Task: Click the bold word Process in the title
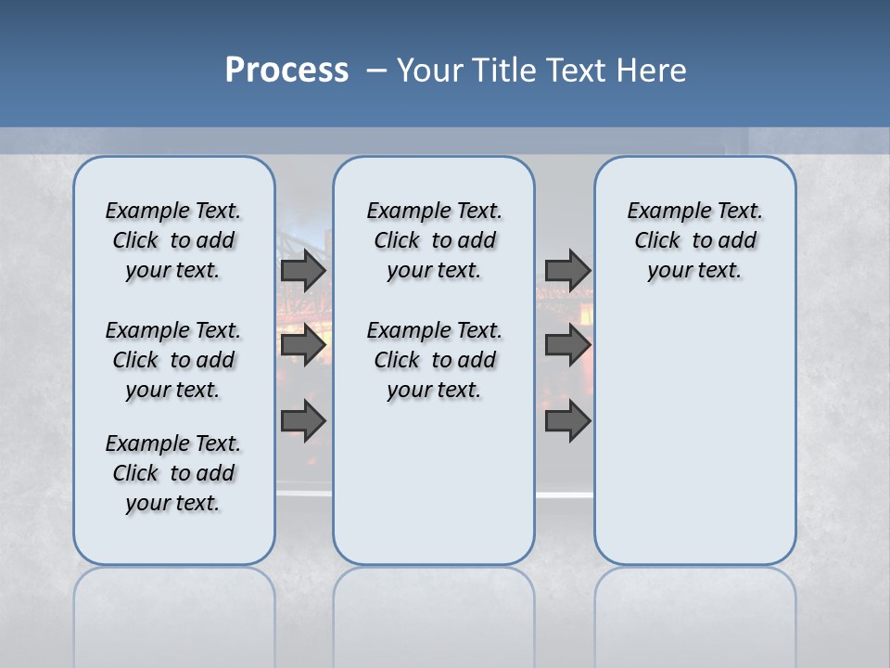coord(286,71)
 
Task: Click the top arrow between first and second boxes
coord(302,271)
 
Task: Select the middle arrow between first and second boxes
coord(302,345)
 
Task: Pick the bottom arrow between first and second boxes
coord(302,421)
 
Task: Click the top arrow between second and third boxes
coord(567,270)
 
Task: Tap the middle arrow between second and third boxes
coord(567,345)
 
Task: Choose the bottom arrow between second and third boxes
coord(567,421)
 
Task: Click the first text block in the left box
coord(173,240)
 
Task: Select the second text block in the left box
coord(173,360)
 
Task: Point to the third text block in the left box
coord(173,473)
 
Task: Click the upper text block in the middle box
coord(434,240)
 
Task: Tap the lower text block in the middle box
coord(434,360)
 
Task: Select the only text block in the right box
coord(694,240)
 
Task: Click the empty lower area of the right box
coord(694,436)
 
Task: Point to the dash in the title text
coord(376,71)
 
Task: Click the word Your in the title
coord(431,71)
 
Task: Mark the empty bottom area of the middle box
coord(434,492)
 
